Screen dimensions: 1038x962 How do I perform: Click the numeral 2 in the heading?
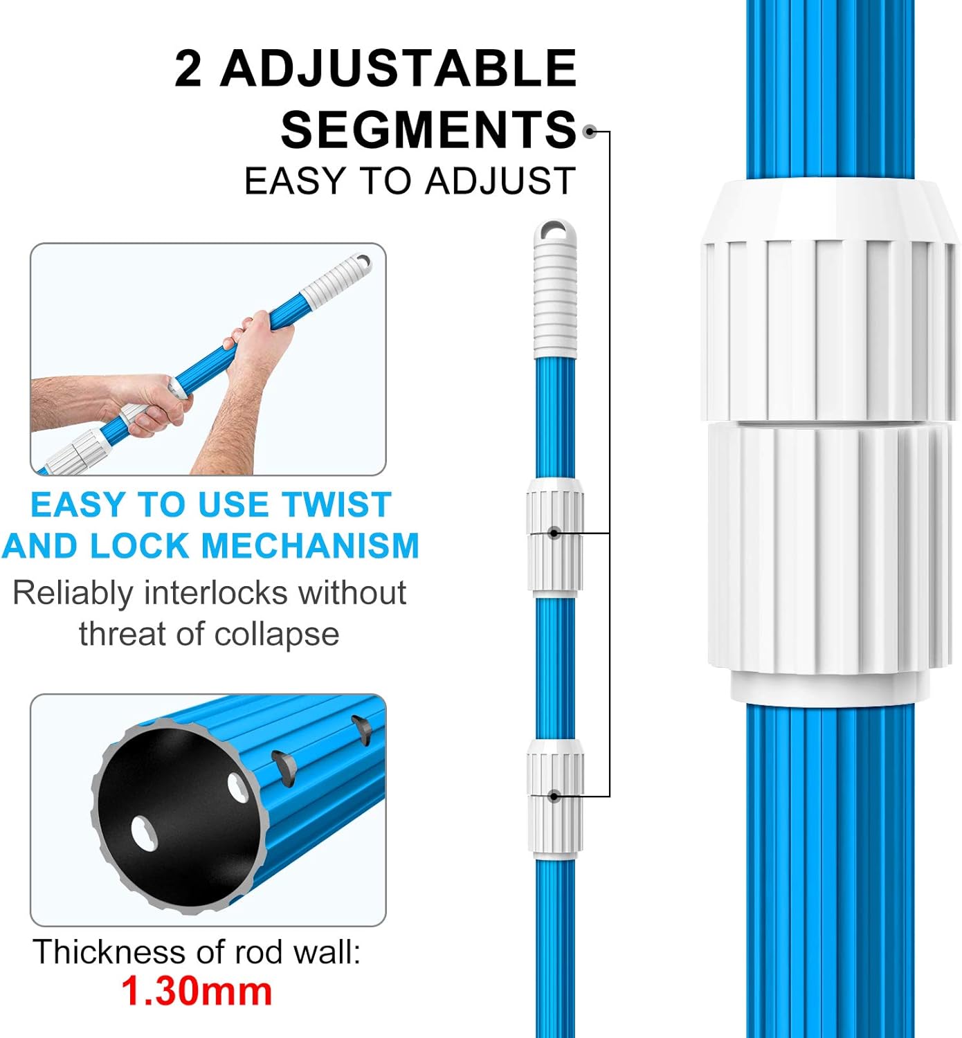[x=188, y=69]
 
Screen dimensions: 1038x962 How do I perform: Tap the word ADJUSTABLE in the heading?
[x=398, y=69]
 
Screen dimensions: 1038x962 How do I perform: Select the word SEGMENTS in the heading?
[x=428, y=130]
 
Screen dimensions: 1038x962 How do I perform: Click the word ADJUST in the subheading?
[x=500, y=181]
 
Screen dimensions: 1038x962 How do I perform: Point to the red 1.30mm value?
[x=197, y=991]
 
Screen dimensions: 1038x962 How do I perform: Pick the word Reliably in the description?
[x=73, y=593]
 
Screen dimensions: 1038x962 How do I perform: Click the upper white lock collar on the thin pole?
[x=554, y=534]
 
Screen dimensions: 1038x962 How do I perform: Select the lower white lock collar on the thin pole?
[x=554, y=796]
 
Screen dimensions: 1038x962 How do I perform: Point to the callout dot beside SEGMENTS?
[x=590, y=131]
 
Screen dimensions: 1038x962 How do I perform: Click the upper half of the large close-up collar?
[x=831, y=304]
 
